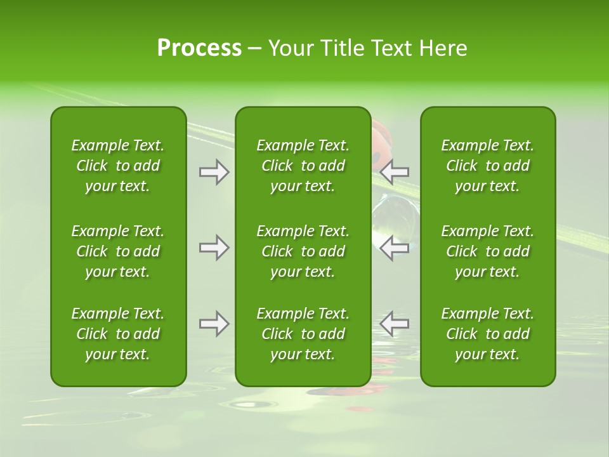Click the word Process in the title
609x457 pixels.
click(x=199, y=48)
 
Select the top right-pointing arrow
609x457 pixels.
click(x=214, y=172)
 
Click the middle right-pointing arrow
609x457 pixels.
click(x=214, y=248)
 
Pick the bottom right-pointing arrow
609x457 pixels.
click(x=214, y=324)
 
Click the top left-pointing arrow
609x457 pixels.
click(x=395, y=172)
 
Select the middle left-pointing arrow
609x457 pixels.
click(x=395, y=248)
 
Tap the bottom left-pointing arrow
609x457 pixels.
click(x=395, y=324)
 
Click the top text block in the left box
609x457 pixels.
click(x=118, y=166)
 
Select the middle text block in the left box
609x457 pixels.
click(x=118, y=251)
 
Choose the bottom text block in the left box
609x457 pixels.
click(x=118, y=334)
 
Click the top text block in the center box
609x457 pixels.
click(x=303, y=166)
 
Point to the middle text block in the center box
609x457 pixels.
click(x=303, y=251)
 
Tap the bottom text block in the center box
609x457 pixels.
click(x=303, y=334)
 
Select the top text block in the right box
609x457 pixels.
click(x=488, y=166)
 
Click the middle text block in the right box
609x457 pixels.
click(x=488, y=251)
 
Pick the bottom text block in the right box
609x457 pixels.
click(x=488, y=334)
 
